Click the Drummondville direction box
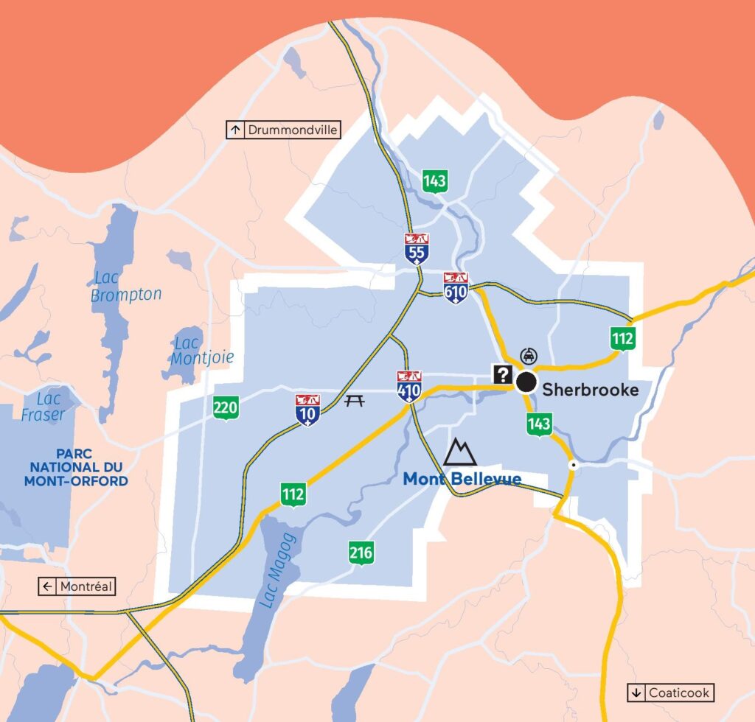283,130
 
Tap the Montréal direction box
77,586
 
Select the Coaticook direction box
671,693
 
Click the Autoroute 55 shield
416,249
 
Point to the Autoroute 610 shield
456,288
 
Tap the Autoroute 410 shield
408,386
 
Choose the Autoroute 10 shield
307,410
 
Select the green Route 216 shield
361,553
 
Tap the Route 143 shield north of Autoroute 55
435,180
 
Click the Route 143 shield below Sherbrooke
539,424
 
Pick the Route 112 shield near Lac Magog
293,494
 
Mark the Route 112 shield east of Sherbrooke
622,339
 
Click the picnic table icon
355,401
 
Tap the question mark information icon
503,375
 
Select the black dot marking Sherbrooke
526,382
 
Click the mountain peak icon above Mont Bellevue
459,452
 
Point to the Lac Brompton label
126,287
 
